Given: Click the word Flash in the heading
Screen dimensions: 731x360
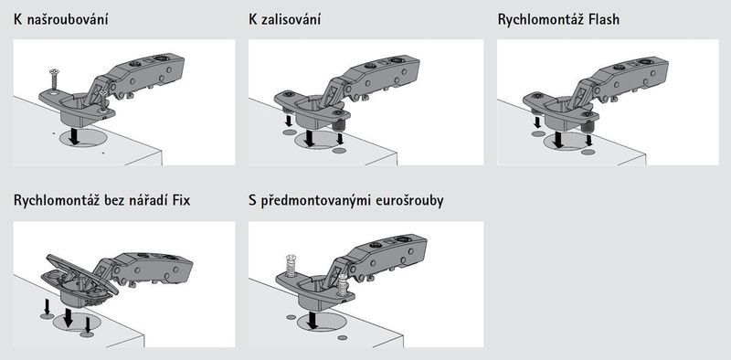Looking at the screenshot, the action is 603,20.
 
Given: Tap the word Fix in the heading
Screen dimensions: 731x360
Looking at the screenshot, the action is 181,200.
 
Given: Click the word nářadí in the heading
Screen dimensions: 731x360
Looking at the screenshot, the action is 150,200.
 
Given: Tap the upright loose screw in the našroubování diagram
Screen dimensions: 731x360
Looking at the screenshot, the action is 53,80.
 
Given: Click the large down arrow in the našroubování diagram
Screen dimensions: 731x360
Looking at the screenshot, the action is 73,136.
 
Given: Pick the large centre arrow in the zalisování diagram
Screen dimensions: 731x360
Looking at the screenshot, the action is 310,138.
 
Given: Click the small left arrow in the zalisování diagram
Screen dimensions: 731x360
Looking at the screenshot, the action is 289,121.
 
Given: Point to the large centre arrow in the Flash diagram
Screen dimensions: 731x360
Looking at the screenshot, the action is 558,140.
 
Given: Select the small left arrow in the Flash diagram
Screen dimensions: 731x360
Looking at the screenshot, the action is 537,122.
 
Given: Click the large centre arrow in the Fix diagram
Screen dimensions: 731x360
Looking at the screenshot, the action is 68,317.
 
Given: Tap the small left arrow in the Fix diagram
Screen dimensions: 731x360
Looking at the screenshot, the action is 47,306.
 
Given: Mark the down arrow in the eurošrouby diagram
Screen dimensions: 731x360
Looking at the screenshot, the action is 313,320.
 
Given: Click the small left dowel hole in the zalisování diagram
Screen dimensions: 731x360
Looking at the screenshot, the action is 290,132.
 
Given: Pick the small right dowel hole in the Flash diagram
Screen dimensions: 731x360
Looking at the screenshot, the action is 588,152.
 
